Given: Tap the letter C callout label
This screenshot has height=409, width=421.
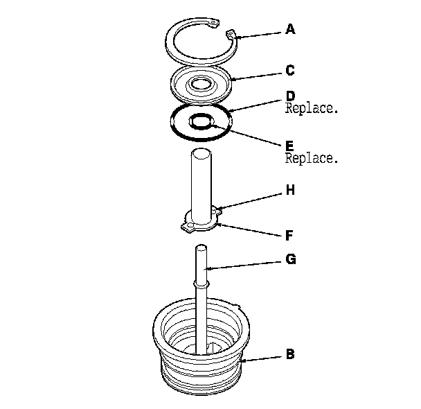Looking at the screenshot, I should (290, 70).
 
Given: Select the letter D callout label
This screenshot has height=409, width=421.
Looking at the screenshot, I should (290, 96).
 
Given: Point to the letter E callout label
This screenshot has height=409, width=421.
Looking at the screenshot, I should (290, 146).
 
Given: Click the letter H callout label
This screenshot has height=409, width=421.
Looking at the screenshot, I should (290, 189).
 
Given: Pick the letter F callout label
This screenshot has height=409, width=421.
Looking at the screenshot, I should (290, 234).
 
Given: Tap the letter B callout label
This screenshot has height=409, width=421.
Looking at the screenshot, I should (290, 354).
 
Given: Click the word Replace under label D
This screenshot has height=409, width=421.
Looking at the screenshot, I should (312, 108).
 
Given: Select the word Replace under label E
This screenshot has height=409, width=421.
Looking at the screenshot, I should (312, 158).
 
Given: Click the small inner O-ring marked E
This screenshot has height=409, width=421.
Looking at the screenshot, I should (202, 121).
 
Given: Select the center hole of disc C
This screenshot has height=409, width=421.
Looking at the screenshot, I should (201, 85).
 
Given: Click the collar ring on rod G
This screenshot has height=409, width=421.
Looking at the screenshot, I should (201, 283).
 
